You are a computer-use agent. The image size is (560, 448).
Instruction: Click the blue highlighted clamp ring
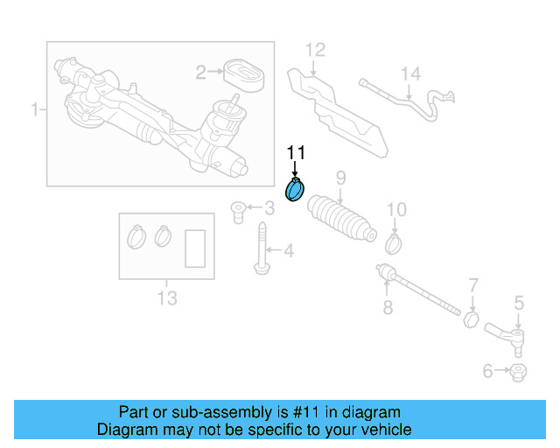pyautogui.click(x=295, y=190)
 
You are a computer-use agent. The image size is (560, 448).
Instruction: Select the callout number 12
pyautogui.click(x=315, y=49)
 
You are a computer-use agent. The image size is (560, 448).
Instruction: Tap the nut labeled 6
pyautogui.click(x=516, y=372)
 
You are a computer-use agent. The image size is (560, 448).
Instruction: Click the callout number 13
pyautogui.click(x=166, y=298)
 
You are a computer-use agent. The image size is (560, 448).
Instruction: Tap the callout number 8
pyautogui.click(x=388, y=306)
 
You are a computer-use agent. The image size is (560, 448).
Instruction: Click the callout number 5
pyautogui.click(x=518, y=304)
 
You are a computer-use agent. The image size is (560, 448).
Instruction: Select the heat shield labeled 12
pyautogui.click(x=337, y=109)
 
